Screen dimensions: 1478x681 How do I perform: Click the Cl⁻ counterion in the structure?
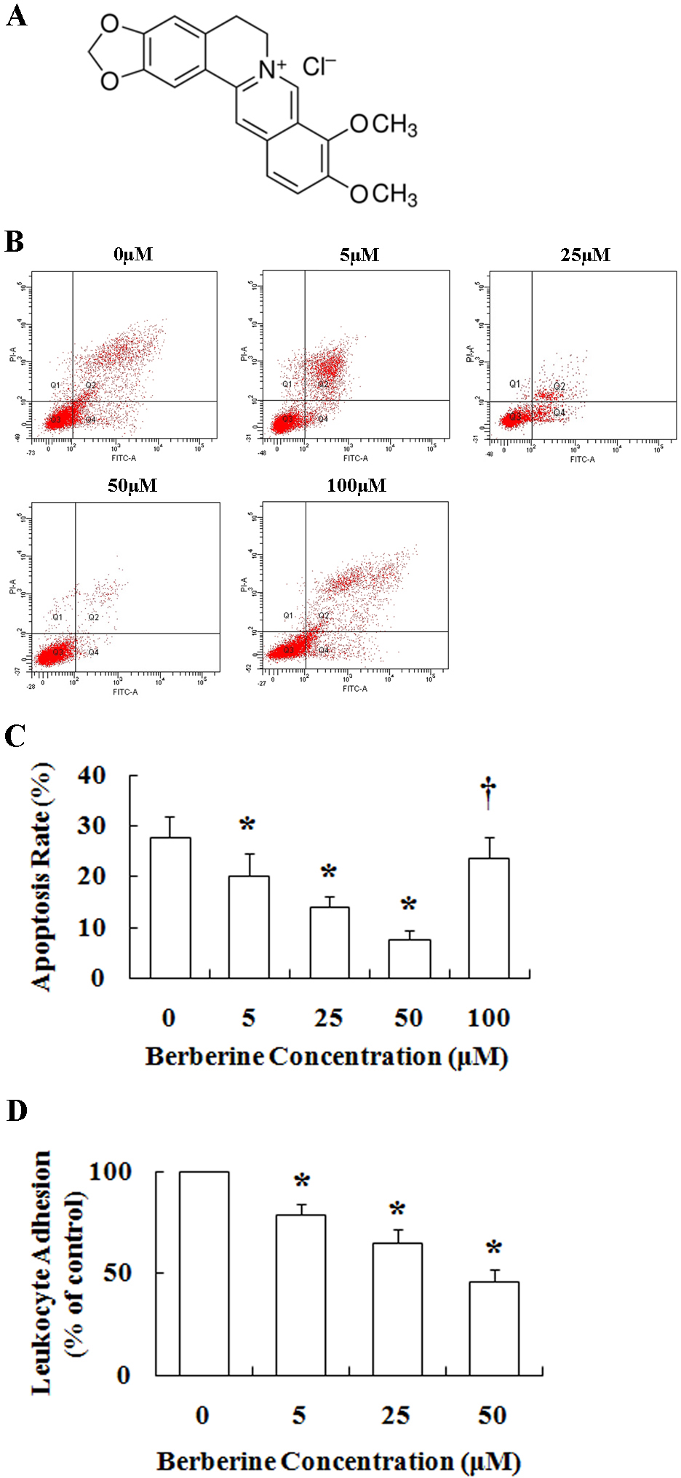point(319,67)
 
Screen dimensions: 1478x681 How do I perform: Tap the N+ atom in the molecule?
point(272,69)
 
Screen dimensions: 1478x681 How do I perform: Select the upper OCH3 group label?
point(383,125)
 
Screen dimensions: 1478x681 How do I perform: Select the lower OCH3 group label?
point(383,194)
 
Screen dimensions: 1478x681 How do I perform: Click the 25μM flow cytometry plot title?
point(585,255)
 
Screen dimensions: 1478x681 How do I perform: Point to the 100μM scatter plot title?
point(357,485)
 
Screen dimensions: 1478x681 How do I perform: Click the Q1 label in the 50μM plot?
point(57,617)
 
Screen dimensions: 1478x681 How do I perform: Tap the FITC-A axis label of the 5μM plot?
point(356,458)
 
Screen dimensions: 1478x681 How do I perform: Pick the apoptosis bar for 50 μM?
point(409,959)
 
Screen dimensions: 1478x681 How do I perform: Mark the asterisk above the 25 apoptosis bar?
point(329,872)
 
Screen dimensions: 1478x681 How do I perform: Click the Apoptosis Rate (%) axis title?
point(42,876)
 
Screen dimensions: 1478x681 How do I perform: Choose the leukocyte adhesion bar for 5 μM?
point(300,1295)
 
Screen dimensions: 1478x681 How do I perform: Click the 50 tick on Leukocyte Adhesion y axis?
point(116,1273)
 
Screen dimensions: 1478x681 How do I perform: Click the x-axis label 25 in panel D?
point(396,1415)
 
